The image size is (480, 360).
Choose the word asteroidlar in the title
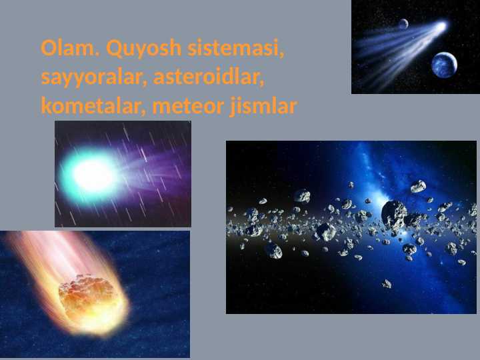click(209, 77)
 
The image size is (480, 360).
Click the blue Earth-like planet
click(444, 65)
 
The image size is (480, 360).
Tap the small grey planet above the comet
click(403, 24)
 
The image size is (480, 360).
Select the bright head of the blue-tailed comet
click(440, 27)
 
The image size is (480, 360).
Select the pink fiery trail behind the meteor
click(40, 257)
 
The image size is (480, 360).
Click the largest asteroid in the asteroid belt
click(394, 213)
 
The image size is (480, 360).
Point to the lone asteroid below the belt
click(386, 283)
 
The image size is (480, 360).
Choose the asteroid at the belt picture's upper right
click(418, 186)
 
